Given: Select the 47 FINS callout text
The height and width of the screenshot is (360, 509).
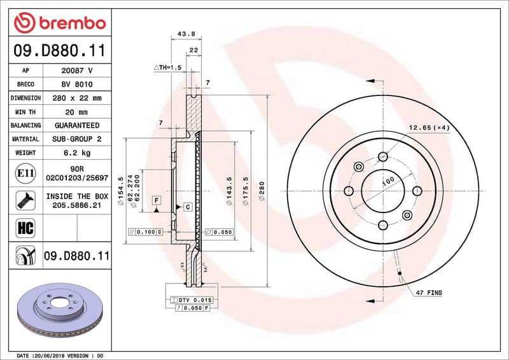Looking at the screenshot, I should [429, 293].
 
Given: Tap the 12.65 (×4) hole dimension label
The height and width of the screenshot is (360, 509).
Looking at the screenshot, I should [429, 128].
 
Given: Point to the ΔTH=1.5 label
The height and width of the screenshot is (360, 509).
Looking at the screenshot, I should [168, 67].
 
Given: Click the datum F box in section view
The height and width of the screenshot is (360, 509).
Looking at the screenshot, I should [155, 200].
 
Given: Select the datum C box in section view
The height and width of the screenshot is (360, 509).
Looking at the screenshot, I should [188, 207].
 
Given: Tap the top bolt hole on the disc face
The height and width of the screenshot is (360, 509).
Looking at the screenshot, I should [382, 157].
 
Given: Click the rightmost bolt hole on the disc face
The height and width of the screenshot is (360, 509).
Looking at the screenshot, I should [417, 191].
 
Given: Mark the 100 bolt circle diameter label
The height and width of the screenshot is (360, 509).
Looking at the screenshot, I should [387, 182].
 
